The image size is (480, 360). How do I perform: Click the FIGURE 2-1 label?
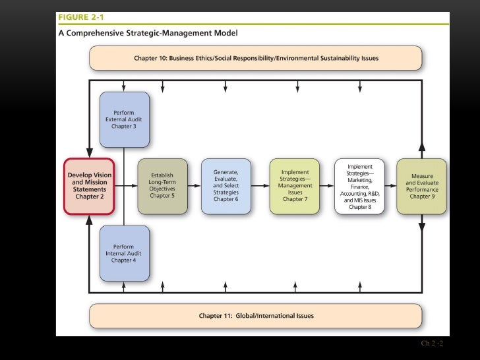[x=82, y=18]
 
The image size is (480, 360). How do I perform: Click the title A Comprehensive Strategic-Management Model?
[x=148, y=32]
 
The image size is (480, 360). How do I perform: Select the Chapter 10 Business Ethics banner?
[x=256, y=58]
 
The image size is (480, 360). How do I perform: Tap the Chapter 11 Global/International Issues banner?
[x=256, y=316]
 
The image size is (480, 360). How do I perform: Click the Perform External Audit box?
[x=125, y=119]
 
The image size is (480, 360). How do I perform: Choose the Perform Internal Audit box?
[x=125, y=253]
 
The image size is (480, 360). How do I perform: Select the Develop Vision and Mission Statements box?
[x=89, y=186]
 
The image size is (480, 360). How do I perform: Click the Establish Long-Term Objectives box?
[x=162, y=186]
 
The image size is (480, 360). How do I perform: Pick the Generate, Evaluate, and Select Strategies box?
[x=225, y=186]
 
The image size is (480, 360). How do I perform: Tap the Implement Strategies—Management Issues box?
[x=295, y=186]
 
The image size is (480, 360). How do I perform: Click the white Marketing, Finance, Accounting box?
[x=359, y=186]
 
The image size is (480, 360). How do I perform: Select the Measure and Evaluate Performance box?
[x=421, y=186]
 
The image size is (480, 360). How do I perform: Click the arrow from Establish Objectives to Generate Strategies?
[x=194, y=186]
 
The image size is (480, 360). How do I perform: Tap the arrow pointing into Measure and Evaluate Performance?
[x=390, y=186]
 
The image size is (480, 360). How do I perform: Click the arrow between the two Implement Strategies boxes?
[x=327, y=186]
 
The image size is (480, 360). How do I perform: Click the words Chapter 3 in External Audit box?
[x=125, y=126]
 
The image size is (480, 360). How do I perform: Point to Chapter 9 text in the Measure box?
[x=421, y=196]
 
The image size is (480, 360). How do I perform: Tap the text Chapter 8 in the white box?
[x=359, y=207]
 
